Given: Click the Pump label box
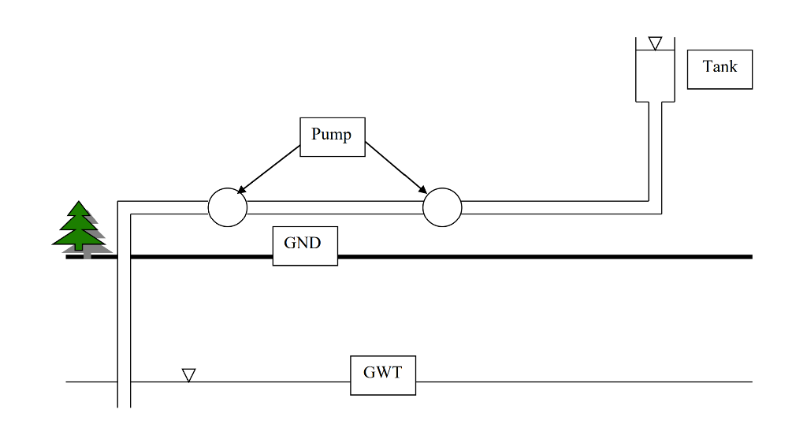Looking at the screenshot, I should (x=332, y=137).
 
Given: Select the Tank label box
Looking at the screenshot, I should (x=720, y=69).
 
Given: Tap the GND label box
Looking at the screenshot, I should (x=305, y=246).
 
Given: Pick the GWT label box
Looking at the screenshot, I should (x=382, y=375).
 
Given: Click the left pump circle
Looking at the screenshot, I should (x=227, y=207).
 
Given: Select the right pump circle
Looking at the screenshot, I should (x=442, y=207).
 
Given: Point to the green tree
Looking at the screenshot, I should (x=79, y=227).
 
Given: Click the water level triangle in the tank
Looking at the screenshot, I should (x=655, y=43).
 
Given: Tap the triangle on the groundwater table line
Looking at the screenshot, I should (x=188, y=375).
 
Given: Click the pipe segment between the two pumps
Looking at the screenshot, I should (x=335, y=207).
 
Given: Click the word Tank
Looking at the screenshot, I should (x=720, y=67).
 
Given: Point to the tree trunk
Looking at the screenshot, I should (x=79, y=247).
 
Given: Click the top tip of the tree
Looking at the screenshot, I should (x=79, y=203).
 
